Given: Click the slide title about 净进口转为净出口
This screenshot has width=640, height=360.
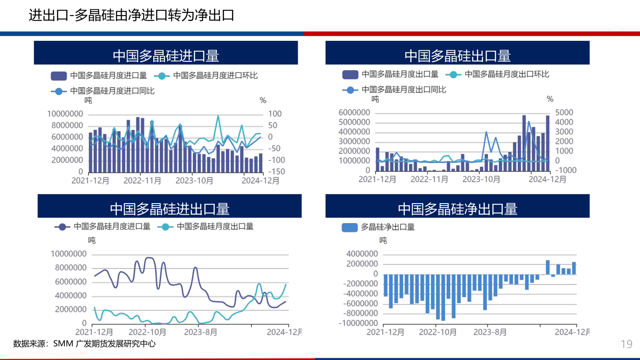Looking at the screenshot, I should point(131,16).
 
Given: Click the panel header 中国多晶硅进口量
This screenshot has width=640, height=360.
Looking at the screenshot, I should point(166,56).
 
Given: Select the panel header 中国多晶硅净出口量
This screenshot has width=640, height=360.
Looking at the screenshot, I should point(457,208).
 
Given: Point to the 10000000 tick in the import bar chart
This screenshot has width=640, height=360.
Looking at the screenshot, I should point(65,114).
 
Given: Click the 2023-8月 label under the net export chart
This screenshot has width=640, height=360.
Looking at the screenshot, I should point(488,332).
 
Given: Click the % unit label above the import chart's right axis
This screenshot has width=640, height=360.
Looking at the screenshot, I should point(263,100).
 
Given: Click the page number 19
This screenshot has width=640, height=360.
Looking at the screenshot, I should point(626,344).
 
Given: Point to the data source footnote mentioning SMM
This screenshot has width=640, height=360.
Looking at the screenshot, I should point(84,344).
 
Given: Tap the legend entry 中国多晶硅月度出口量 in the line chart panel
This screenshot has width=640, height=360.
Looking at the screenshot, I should point(215,226).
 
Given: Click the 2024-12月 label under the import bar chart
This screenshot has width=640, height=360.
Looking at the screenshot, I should point(260,180).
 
